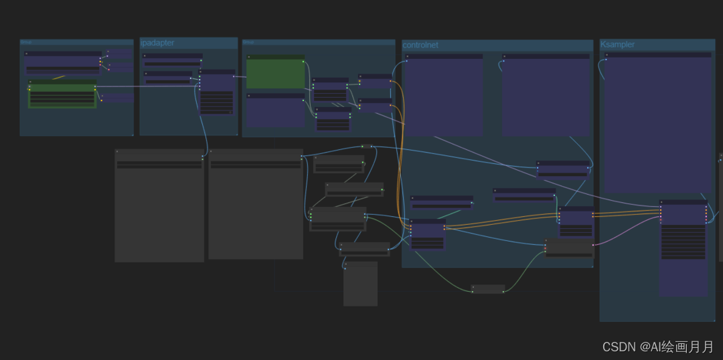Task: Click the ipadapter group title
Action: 158,43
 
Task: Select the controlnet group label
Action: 420,45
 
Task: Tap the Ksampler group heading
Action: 617,44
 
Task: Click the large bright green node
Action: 275,74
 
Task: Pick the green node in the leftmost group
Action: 62,94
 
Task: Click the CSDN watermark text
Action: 658,347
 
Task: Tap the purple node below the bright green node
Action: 275,110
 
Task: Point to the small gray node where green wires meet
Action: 488,289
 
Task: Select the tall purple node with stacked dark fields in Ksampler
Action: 683,248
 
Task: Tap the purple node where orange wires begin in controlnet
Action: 427,234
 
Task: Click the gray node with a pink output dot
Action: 569,248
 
